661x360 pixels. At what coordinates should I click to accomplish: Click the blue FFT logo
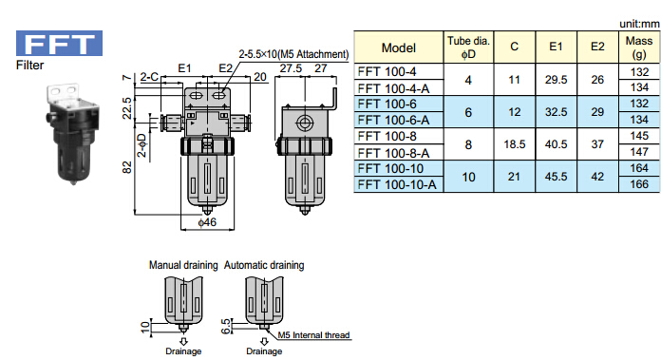(x=59, y=43)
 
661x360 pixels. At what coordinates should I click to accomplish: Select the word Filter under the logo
(x=30, y=65)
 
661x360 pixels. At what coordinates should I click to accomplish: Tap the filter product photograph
(x=72, y=134)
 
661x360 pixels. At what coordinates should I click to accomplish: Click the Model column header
(x=398, y=47)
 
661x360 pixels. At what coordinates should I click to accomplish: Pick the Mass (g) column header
(x=638, y=47)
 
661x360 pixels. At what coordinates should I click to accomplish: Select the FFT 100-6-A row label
(x=393, y=120)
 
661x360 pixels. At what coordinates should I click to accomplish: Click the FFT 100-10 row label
(x=390, y=169)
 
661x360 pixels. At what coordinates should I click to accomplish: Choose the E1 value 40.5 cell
(x=556, y=144)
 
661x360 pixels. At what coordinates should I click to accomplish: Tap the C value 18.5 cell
(x=515, y=144)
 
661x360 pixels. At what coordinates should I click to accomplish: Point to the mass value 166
(x=639, y=184)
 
